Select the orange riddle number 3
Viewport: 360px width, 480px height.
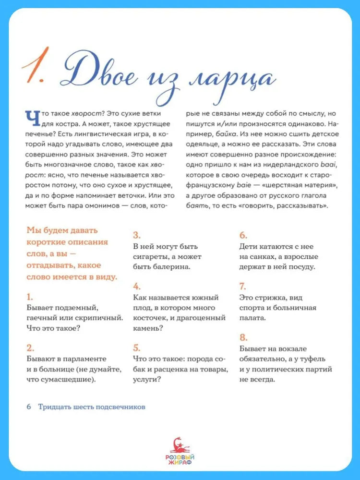pyautogui.click(x=136, y=235)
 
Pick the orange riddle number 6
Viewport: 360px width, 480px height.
pyautogui.click(x=243, y=235)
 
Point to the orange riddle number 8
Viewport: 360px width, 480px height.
pyautogui.click(x=243, y=337)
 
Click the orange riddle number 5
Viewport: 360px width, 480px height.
pyautogui.click(x=136, y=348)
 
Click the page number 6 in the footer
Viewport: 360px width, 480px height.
pyautogui.click(x=29, y=407)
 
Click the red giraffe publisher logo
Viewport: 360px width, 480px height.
pyautogui.click(x=180, y=445)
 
